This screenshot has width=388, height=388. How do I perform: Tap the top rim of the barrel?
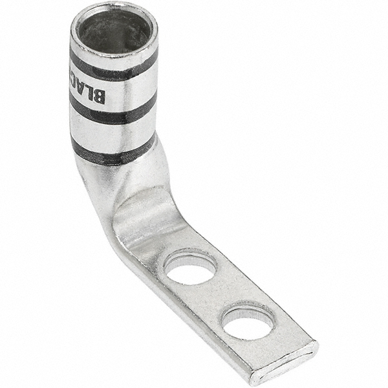click(x=113, y=10)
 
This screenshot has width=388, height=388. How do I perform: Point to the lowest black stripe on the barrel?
click(x=113, y=155)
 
